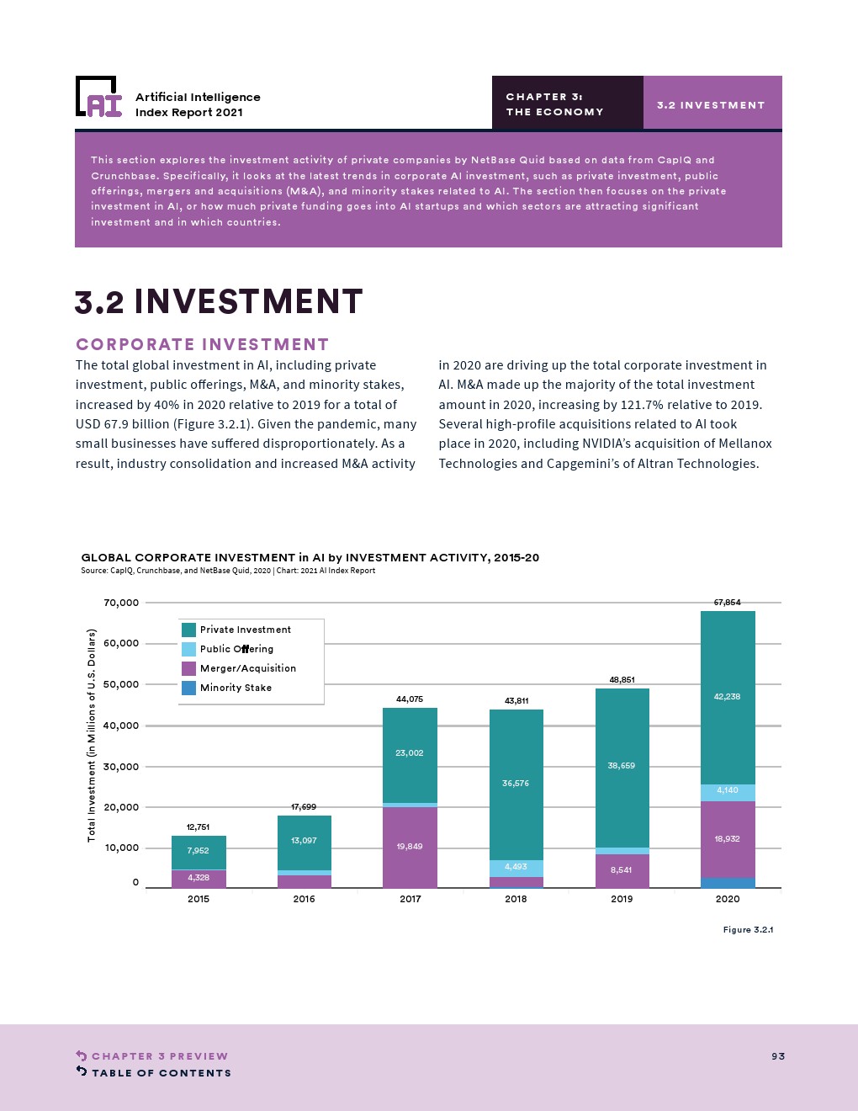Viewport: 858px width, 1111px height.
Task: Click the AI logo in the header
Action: (98, 98)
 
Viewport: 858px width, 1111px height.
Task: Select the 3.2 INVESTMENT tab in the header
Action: (712, 105)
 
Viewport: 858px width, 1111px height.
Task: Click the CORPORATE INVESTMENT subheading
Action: (202, 344)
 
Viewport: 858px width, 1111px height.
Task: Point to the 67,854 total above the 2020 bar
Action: (727, 603)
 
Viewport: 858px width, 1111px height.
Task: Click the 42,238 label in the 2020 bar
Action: (727, 697)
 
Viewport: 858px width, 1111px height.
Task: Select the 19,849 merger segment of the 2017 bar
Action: (410, 847)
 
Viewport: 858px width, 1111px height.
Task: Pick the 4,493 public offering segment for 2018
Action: (516, 867)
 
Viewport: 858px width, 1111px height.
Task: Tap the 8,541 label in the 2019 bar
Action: (621, 870)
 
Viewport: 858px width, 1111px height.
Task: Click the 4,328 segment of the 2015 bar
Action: (199, 878)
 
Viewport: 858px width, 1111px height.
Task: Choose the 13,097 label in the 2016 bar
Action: (304, 841)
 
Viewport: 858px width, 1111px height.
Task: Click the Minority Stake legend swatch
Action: (188, 688)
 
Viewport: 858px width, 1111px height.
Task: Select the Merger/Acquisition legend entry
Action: (247, 668)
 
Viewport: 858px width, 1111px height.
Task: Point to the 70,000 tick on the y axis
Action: (121, 603)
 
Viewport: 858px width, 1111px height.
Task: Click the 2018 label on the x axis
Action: (516, 899)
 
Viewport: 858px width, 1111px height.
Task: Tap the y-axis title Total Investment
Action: (92, 736)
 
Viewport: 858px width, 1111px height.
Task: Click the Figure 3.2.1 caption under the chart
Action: (748, 930)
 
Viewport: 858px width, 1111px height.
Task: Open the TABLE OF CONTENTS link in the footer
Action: (161, 1073)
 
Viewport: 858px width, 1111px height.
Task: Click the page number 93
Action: (778, 1056)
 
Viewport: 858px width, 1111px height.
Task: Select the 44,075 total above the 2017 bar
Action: (410, 699)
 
